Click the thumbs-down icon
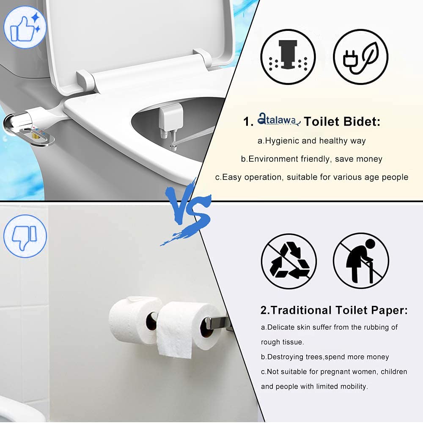[x=25, y=236]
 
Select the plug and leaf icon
[x=360, y=57]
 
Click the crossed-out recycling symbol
[x=288, y=261]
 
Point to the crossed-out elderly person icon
[x=360, y=261]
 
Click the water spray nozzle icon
[x=288, y=57]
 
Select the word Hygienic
[x=283, y=141]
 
